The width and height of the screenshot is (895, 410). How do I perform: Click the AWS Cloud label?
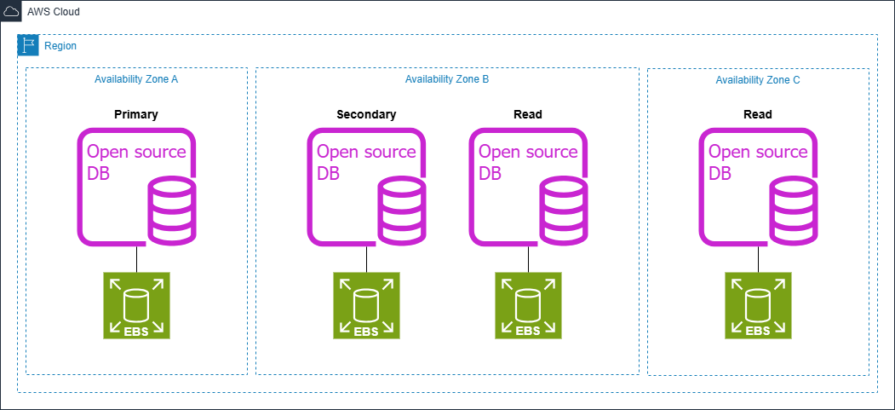(x=54, y=12)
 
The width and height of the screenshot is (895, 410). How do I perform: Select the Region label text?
(x=60, y=46)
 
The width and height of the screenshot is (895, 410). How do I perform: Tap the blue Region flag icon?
(x=28, y=45)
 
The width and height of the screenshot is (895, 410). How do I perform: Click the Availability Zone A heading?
(x=136, y=78)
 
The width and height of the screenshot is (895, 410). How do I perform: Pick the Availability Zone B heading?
(x=446, y=78)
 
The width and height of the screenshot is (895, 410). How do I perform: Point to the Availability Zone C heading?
(x=758, y=79)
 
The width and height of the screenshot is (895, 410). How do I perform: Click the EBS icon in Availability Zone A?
(x=136, y=306)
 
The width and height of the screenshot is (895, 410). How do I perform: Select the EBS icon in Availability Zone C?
(x=758, y=306)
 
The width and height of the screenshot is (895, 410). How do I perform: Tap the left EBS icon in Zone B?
(x=366, y=306)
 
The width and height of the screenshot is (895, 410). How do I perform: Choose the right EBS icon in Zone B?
(x=528, y=306)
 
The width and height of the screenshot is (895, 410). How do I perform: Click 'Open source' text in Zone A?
(x=136, y=152)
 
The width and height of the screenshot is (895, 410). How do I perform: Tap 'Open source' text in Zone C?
(x=758, y=152)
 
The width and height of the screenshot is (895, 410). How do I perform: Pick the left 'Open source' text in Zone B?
(x=366, y=152)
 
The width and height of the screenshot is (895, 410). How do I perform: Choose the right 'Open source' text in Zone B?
(x=528, y=152)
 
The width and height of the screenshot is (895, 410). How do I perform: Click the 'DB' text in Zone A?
(x=99, y=174)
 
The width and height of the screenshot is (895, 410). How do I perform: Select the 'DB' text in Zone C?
(x=720, y=174)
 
